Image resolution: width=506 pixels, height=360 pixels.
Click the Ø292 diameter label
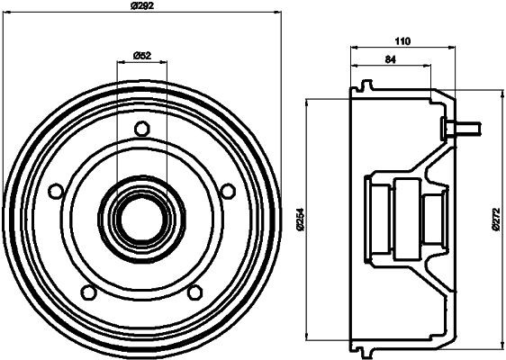[x=141, y=6]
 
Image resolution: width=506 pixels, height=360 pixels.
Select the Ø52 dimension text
[x=141, y=56]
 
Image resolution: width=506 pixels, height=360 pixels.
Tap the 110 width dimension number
[x=402, y=41]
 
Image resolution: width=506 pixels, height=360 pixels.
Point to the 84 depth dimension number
[x=390, y=60]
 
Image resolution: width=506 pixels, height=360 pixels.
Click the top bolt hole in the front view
[x=140, y=129]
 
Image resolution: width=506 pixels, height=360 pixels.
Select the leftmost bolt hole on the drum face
[x=56, y=191]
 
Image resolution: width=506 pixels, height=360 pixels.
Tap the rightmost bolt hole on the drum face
[x=227, y=190]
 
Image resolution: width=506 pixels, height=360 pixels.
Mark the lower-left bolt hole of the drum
[x=88, y=291]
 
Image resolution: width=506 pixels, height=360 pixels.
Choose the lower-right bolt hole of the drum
[x=194, y=291]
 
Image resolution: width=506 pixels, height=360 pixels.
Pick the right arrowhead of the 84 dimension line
[x=429, y=67]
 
